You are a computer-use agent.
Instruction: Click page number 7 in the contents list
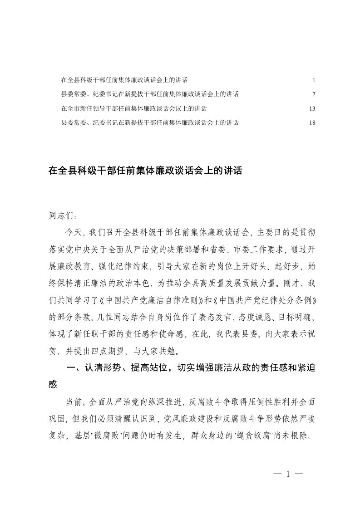coord(314,94)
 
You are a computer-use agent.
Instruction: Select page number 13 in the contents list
coord(312,108)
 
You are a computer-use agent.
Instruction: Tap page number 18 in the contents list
coord(312,122)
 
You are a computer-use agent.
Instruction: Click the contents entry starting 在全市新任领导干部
coord(134,108)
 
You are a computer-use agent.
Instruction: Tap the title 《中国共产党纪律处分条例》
coord(258,300)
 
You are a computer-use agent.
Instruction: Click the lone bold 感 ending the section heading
coord(53,385)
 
